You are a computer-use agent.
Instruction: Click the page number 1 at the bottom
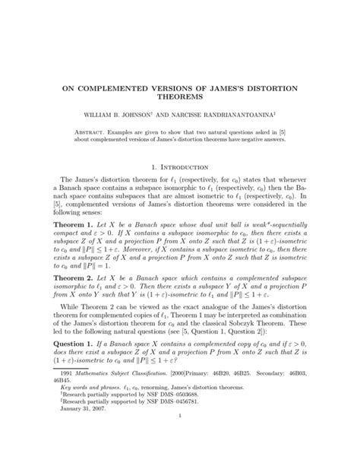click(x=180, y=458)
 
